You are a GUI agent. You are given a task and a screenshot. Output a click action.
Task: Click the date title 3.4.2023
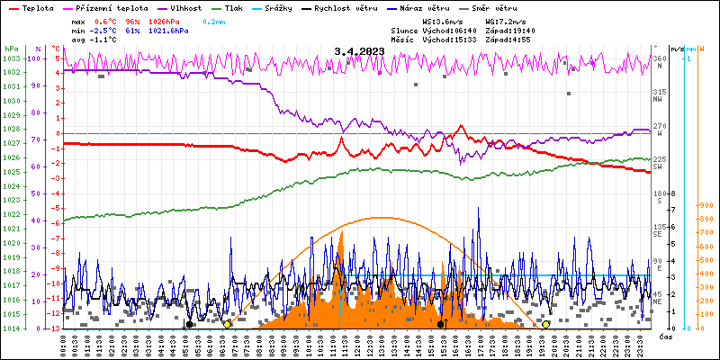coord(359,51)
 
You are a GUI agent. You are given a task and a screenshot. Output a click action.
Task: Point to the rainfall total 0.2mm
coord(213,21)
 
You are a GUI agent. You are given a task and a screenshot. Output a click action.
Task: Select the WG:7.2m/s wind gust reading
coord(506,21)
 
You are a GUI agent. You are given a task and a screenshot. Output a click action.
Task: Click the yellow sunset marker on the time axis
coord(546,324)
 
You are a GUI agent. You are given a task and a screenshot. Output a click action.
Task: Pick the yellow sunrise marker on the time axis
coord(227,324)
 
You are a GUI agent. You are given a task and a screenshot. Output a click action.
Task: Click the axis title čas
coord(667,336)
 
